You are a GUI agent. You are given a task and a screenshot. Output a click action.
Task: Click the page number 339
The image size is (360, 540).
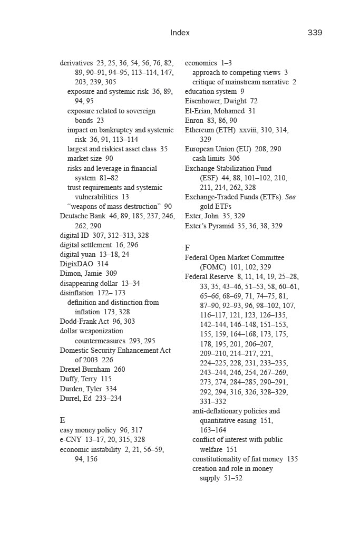pyautogui.click(x=315, y=33)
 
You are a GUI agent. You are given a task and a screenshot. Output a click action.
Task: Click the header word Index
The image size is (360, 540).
pyautogui.click(x=180, y=33)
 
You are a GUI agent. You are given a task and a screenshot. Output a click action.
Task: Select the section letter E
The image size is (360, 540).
pyautogui.click(x=63, y=420)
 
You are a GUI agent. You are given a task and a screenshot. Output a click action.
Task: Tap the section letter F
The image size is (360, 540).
pyautogui.click(x=187, y=248)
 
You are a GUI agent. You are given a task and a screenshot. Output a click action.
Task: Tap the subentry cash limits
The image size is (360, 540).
pyautogui.click(x=209, y=159)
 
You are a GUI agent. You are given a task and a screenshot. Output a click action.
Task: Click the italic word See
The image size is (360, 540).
pyautogui.click(x=290, y=197)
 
